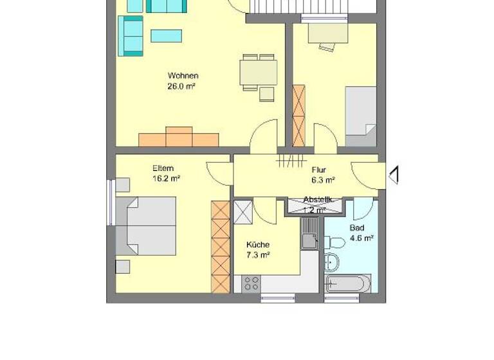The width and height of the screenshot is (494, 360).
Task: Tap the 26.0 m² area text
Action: (x=181, y=85)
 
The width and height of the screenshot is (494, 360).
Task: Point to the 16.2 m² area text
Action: (x=166, y=179)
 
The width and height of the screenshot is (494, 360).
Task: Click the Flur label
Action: (x=320, y=170)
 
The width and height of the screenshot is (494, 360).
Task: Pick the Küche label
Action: (x=257, y=244)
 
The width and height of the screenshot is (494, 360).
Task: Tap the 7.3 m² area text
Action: (x=257, y=255)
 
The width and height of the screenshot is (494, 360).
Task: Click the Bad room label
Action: (x=357, y=228)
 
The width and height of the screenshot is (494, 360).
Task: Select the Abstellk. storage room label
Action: (x=318, y=201)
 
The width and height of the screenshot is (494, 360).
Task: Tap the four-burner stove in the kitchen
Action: (x=251, y=283)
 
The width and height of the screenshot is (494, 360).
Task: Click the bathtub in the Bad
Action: (x=348, y=283)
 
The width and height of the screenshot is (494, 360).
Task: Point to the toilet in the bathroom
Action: (x=334, y=242)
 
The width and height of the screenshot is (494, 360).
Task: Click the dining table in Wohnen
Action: (x=259, y=72)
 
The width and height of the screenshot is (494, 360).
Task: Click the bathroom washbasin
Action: (x=332, y=262)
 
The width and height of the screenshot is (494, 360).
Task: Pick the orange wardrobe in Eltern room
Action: (x=220, y=248)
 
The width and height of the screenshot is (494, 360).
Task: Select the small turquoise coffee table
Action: (x=166, y=35)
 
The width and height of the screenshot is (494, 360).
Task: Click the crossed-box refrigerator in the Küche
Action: (x=243, y=212)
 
